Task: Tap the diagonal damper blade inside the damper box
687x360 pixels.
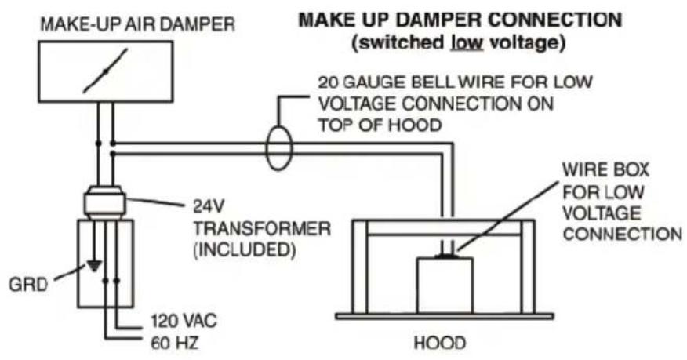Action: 105,71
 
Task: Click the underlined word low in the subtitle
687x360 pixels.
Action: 467,43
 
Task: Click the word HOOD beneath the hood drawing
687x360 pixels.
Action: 439,343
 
